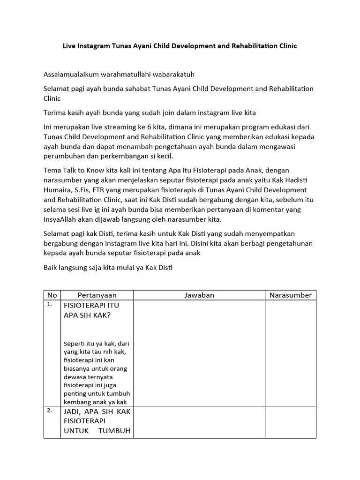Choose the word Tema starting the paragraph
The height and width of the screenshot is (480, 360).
point(52,170)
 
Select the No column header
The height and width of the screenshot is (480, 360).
point(52,295)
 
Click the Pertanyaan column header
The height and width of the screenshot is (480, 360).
point(97,295)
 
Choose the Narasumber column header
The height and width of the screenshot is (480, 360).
point(290,295)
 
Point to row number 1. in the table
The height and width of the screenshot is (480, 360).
point(49,305)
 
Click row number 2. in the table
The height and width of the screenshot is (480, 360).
point(49,410)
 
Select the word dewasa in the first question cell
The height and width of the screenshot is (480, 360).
point(75,377)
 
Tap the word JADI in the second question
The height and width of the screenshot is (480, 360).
point(74,412)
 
